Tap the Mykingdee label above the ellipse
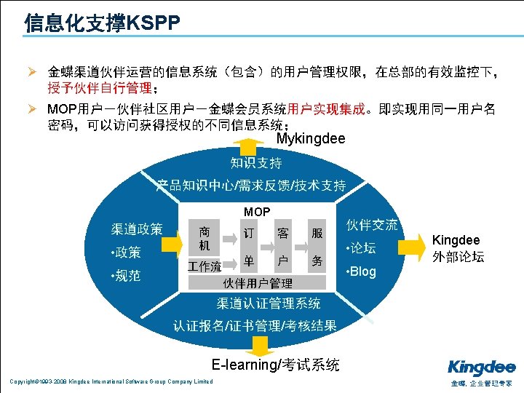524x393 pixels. [311, 138]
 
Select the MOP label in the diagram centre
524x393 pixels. [257, 212]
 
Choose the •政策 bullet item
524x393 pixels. [125, 252]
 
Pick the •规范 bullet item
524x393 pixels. [125, 276]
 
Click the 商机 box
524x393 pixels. [205, 239]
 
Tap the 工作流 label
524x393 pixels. [205, 266]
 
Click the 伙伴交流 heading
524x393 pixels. [372, 225]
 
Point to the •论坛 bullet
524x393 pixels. [361, 248]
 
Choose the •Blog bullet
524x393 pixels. [361, 271]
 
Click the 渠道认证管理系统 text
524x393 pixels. [268, 302]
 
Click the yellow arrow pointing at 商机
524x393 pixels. [173, 242]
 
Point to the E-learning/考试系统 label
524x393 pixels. [275, 365]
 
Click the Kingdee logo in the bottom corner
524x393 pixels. [481, 367]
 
